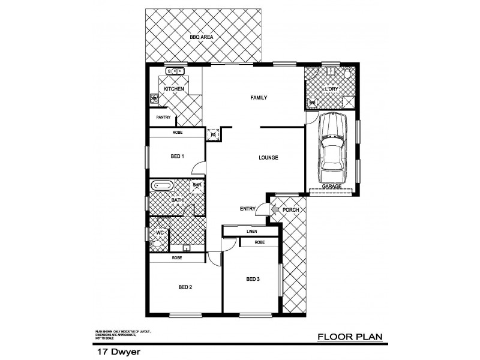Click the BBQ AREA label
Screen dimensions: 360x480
tap(202, 37)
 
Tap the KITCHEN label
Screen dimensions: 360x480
tap(174, 89)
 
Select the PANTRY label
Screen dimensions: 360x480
tap(163, 118)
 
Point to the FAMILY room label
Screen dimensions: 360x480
tap(258, 98)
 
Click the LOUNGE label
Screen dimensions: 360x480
tap(268, 158)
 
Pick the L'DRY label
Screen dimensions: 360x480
tap(332, 89)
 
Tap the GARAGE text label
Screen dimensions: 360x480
tap(332, 187)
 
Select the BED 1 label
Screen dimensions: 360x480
tap(177, 157)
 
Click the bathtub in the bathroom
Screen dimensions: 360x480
tap(162, 185)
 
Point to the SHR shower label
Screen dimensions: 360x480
tap(197, 185)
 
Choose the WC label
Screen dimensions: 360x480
tap(160, 232)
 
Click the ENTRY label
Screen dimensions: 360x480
tap(247, 209)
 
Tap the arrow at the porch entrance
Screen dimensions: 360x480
tap(274, 209)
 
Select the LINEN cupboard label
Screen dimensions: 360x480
tap(251, 230)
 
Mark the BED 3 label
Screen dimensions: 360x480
tap(253, 279)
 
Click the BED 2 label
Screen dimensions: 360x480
tap(185, 286)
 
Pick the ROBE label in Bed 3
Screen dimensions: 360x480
tap(259, 242)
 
